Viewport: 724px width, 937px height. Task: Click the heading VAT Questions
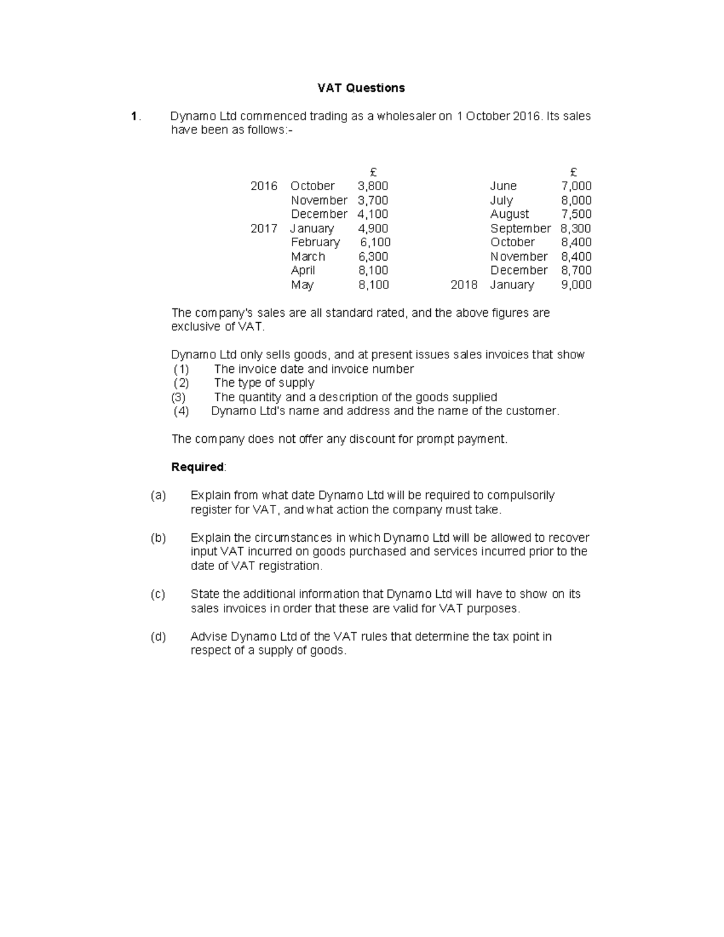(361, 88)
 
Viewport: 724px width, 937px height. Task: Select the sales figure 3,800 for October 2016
(372, 186)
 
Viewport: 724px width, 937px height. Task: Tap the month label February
(315, 242)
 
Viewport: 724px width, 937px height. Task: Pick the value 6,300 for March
(373, 256)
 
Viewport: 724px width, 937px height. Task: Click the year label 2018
(463, 285)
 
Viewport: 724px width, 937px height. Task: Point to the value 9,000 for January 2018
(576, 285)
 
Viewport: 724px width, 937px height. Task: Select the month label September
(520, 228)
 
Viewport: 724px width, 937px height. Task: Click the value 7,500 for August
(576, 214)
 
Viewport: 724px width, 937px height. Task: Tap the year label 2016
(264, 186)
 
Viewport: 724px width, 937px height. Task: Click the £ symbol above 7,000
(573, 172)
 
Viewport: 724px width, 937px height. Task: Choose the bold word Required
(197, 467)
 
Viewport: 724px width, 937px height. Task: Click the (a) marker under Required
(158, 495)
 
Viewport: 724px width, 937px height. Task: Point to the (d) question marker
(158, 637)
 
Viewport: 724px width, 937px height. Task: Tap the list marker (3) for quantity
(179, 397)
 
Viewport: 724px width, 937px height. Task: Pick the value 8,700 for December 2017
(576, 270)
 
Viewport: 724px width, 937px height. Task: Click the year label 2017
(264, 228)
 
